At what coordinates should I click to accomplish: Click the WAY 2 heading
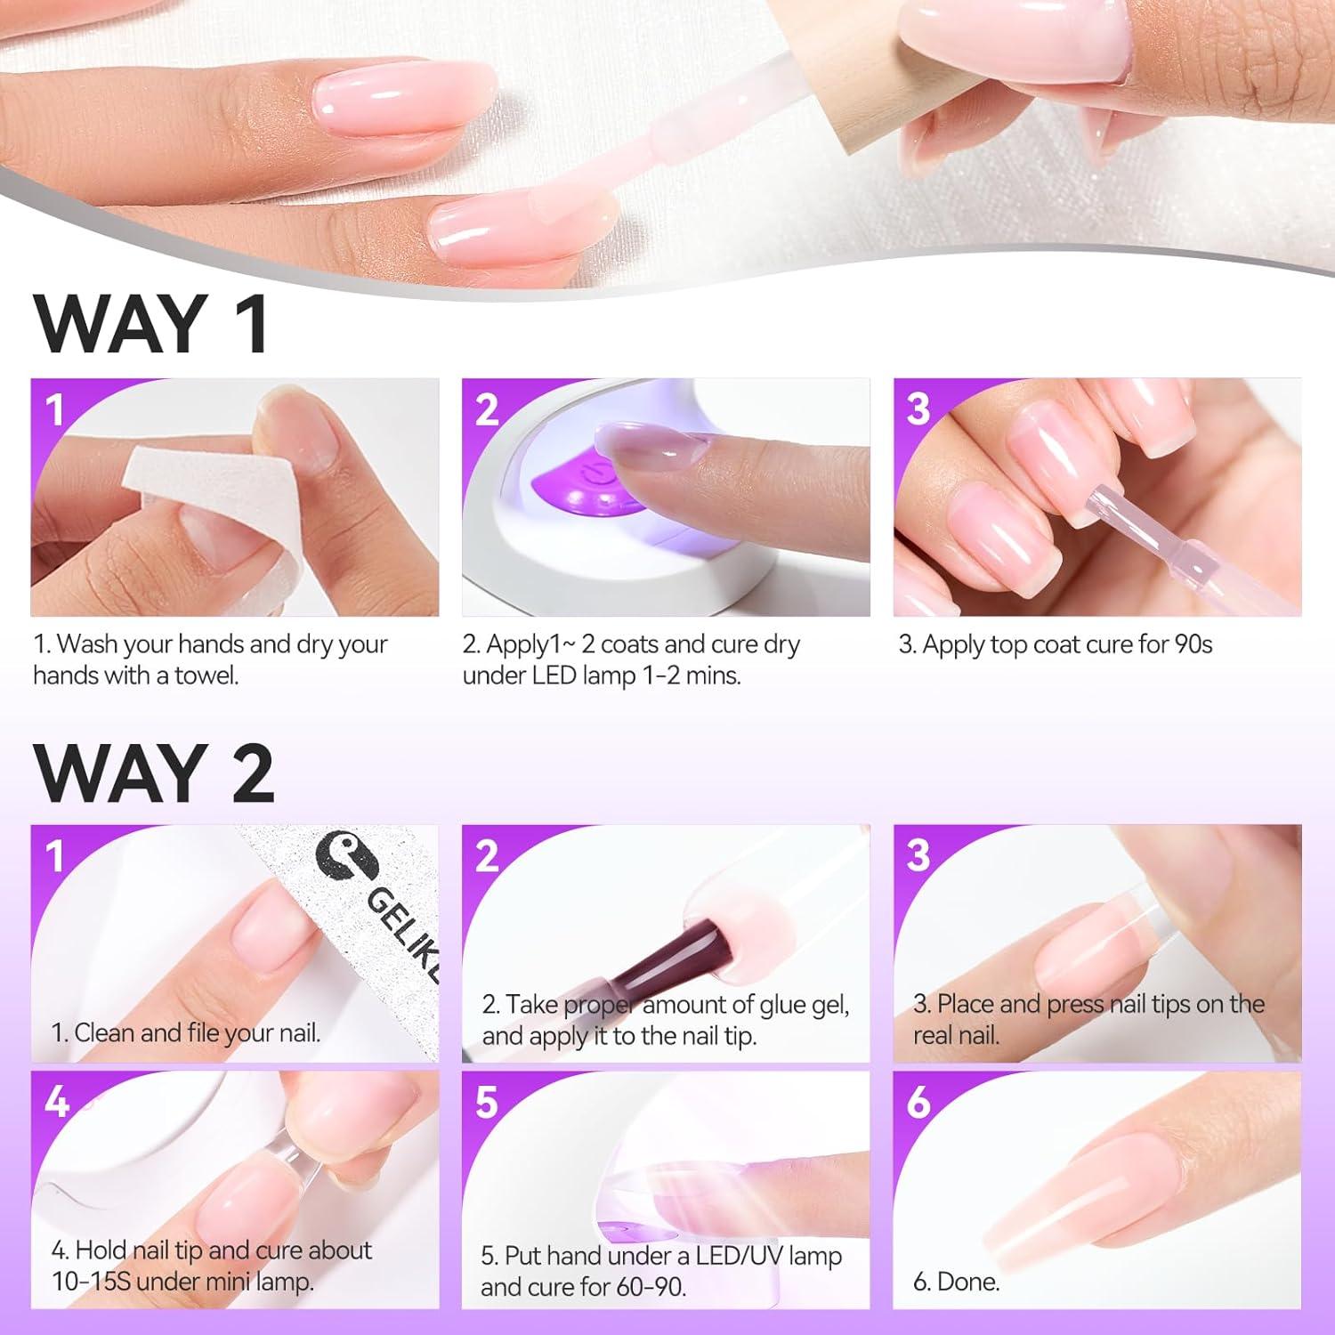tap(153, 773)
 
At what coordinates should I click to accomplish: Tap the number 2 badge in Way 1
tap(487, 409)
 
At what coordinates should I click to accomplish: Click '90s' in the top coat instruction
tap(1193, 644)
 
